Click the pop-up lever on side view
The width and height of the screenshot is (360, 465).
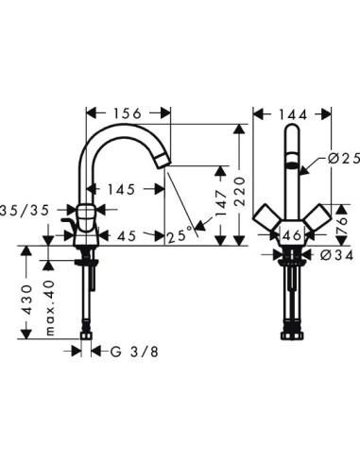click(x=68, y=224)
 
